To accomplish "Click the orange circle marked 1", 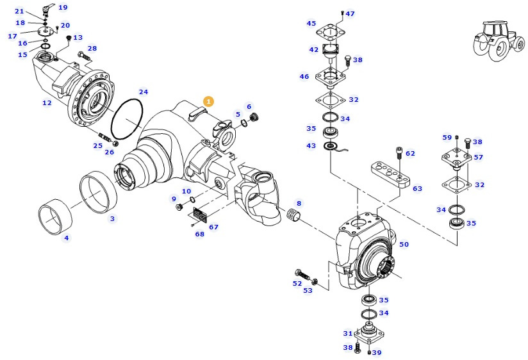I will click(x=208, y=101).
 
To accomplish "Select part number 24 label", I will click(x=144, y=92).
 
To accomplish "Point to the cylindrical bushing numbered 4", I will click(x=56, y=216).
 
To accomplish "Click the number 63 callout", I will click(x=417, y=188).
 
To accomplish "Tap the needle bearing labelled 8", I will click(x=294, y=215).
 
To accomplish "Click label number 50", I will click(x=404, y=244).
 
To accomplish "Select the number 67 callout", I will click(x=213, y=227).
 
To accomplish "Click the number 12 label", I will click(x=47, y=102).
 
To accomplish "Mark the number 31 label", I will click(x=348, y=333).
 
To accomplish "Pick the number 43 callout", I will click(x=311, y=146).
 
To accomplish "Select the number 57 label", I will click(x=478, y=157).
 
